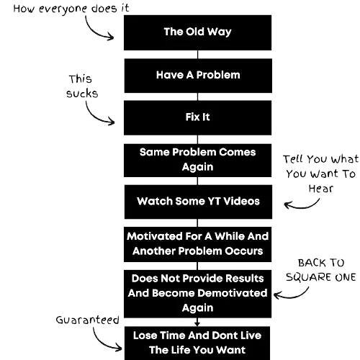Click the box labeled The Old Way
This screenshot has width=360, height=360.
(x=197, y=32)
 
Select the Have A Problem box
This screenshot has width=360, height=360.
(x=198, y=76)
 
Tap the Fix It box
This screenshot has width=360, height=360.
(x=197, y=117)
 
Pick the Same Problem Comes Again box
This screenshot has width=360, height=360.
(x=197, y=161)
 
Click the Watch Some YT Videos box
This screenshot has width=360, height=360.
(x=198, y=202)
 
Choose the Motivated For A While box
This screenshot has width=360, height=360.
(x=197, y=244)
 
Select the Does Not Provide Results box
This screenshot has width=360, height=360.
(x=197, y=294)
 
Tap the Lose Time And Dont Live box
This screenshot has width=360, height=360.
(x=197, y=343)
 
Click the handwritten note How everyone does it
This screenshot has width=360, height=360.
(x=71, y=9)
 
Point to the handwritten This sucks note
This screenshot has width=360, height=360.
(x=82, y=86)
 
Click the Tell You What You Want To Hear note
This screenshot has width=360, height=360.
(x=320, y=174)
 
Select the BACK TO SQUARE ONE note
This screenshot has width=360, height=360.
(x=321, y=270)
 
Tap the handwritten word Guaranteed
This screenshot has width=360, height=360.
(x=87, y=320)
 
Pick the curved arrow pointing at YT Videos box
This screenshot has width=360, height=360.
(x=303, y=207)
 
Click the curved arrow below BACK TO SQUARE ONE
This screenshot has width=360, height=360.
(x=293, y=297)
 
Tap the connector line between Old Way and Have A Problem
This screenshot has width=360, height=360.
(x=197, y=55)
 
